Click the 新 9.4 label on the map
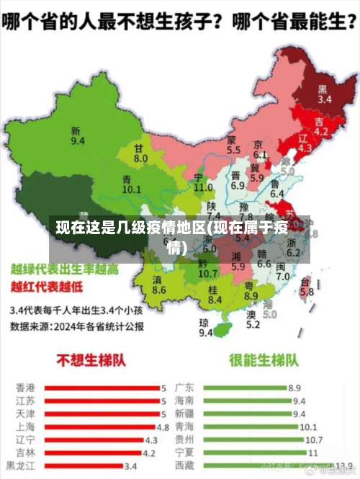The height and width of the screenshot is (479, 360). click(x=76, y=135)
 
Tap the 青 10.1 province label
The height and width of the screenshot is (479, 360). click(x=131, y=184)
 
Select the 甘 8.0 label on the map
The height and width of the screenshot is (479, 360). click(x=140, y=153)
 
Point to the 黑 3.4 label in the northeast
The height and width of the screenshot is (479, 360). click(x=325, y=94)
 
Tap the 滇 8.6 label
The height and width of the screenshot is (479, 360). click(x=159, y=285)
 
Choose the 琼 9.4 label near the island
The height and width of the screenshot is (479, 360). click(x=205, y=327)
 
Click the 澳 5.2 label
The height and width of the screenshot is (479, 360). click(x=252, y=319)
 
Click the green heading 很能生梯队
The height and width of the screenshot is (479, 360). click(x=264, y=359)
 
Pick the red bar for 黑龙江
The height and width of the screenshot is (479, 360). click(x=84, y=465)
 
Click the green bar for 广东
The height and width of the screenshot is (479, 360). click(x=245, y=388)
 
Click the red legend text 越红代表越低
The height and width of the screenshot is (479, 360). click(x=46, y=287)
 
